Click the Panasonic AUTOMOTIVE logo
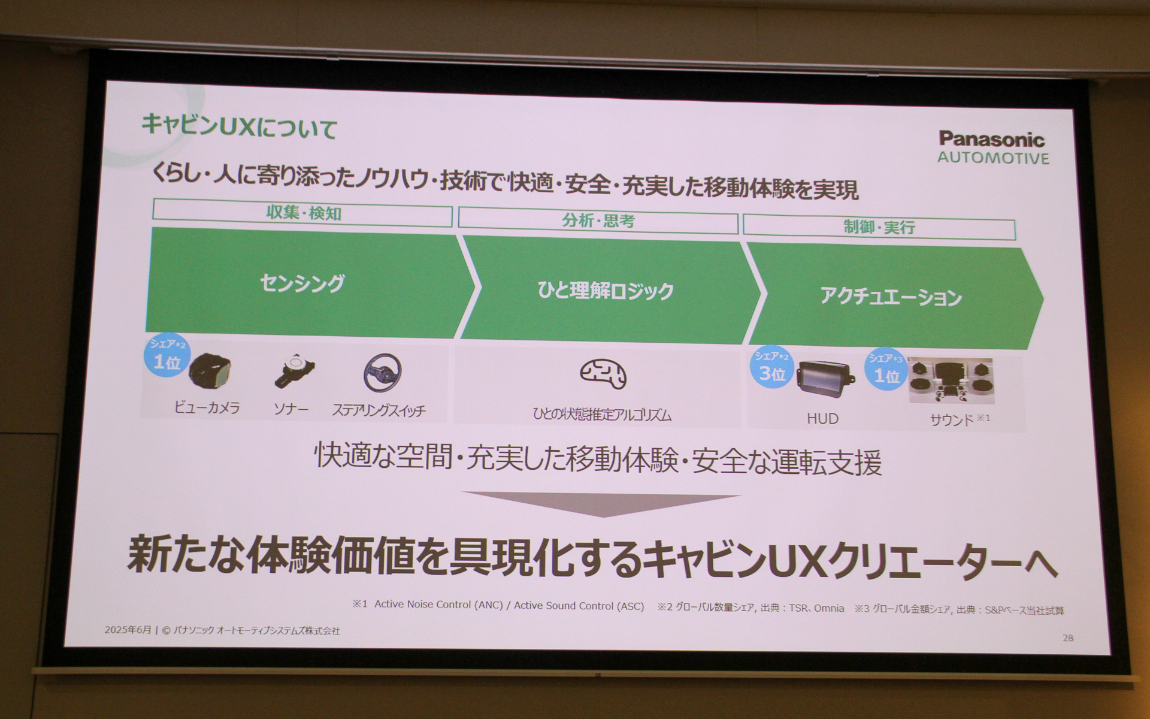pos(992,147)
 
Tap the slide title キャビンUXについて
pos(239,126)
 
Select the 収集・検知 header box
pos(302,213)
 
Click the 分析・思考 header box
pos(598,220)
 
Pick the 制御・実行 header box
pos(879,228)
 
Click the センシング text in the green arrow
pos(302,283)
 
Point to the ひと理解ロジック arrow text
pos(606,291)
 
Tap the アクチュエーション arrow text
pos(891,297)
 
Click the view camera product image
pos(210,370)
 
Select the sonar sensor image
pos(293,371)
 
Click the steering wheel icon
pos(382,373)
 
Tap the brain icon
pos(603,374)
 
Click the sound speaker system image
pos(951,381)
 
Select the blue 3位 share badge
pos(771,367)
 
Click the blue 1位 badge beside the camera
pos(167,355)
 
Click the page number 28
pos(1068,638)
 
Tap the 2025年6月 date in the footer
pos(128,630)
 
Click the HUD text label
pos(822,419)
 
